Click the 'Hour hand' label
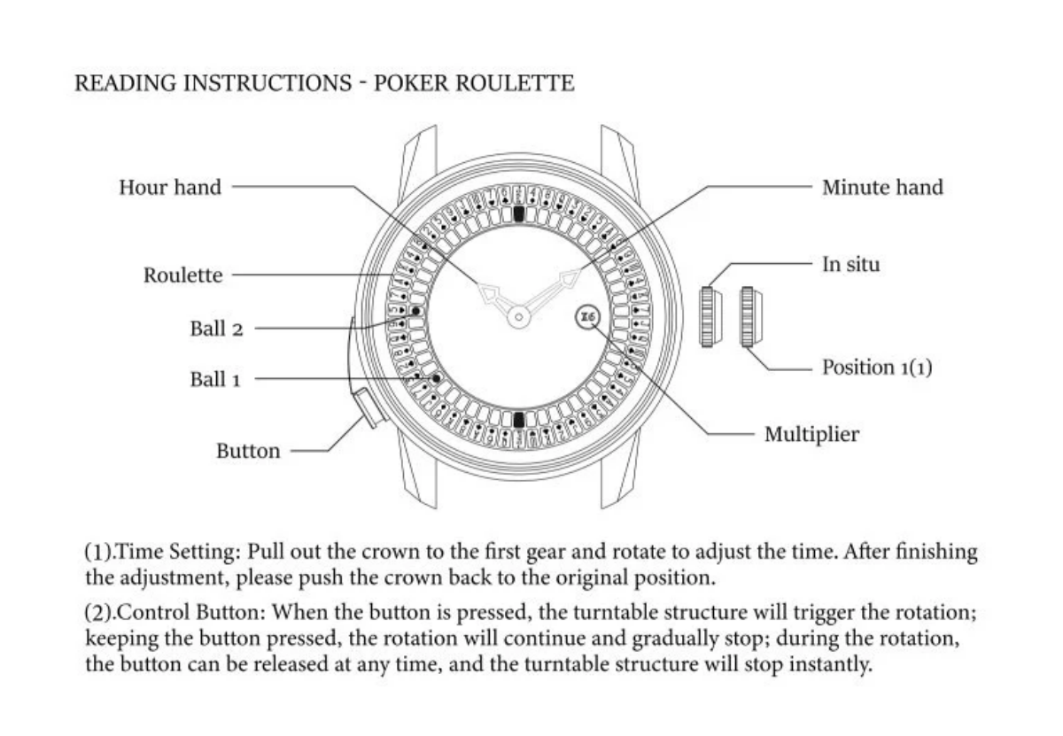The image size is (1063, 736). (x=170, y=187)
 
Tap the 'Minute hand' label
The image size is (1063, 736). (x=882, y=187)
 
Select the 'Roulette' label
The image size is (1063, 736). (x=183, y=275)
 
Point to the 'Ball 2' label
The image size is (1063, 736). (x=216, y=329)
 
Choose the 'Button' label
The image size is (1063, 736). (x=248, y=451)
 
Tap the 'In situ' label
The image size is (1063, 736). (x=851, y=264)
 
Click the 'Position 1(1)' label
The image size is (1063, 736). (x=877, y=367)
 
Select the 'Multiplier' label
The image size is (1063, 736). (x=811, y=435)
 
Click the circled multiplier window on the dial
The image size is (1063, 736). (x=587, y=317)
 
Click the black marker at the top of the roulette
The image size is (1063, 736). (x=519, y=214)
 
